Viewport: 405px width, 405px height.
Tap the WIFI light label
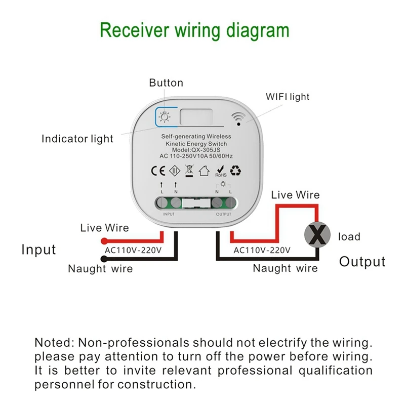(x=288, y=96)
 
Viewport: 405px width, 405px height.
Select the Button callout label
(x=166, y=83)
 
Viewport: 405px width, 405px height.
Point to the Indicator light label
(x=77, y=139)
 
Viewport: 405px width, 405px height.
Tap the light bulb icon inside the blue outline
(x=164, y=117)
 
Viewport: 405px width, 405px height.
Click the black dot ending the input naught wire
(x=104, y=258)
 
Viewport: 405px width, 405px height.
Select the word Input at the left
(x=38, y=250)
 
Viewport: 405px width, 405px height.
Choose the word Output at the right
(x=362, y=261)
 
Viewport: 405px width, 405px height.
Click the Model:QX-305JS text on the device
(x=196, y=150)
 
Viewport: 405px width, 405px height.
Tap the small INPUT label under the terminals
(x=169, y=214)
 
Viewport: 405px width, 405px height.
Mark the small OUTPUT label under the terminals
(x=223, y=214)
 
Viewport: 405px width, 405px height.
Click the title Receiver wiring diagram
(x=195, y=30)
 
